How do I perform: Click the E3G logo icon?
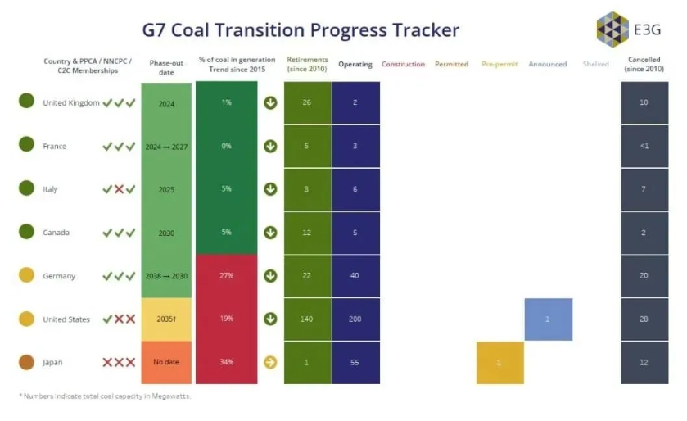tap(612, 29)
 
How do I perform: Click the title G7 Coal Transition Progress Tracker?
tap(301, 30)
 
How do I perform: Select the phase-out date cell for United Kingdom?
tap(167, 103)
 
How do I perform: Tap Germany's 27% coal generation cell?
tap(226, 275)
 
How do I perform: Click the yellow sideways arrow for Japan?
tap(270, 362)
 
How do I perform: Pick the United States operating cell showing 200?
tap(355, 319)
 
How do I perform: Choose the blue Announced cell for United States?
tap(548, 319)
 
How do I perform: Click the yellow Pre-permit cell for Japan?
tap(499, 362)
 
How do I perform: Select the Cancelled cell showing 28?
tap(644, 319)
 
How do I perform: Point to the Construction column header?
tap(403, 64)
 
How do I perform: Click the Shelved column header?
tap(595, 64)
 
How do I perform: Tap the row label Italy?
tap(50, 189)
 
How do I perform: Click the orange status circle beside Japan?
tap(26, 362)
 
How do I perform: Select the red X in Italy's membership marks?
tap(119, 189)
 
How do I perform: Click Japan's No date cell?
tap(167, 362)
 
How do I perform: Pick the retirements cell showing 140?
tap(307, 319)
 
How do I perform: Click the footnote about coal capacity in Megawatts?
tap(105, 396)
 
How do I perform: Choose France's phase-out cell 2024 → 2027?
tap(167, 147)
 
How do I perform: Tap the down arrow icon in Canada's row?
tap(270, 233)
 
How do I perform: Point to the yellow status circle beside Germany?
tap(26, 276)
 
